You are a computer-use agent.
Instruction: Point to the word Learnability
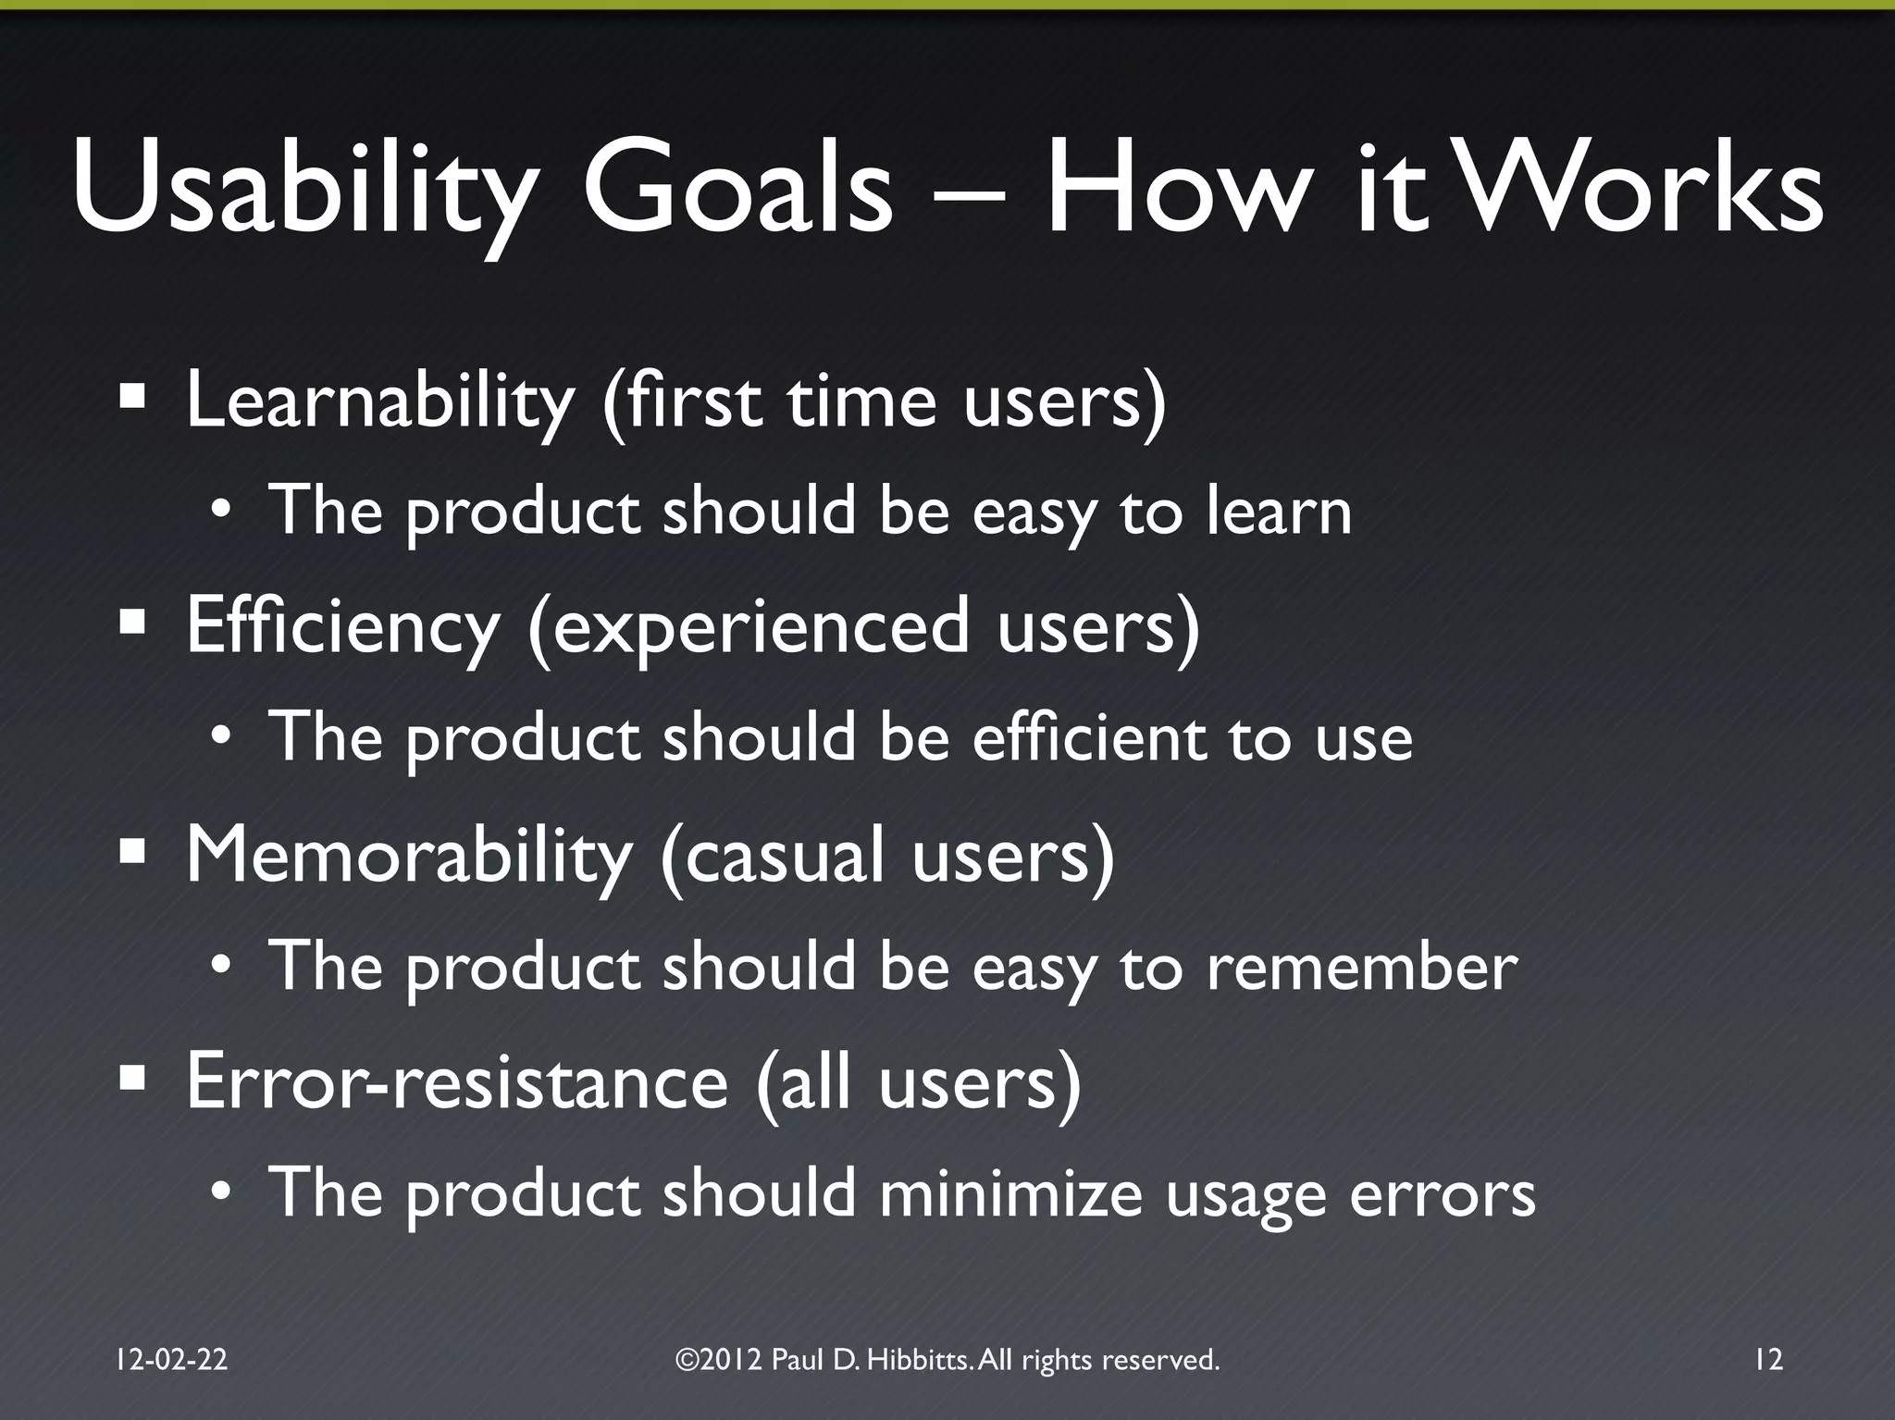(380, 402)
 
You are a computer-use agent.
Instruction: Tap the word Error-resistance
(457, 1082)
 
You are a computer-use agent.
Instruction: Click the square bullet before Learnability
(133, 398)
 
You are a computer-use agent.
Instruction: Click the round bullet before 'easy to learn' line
(220, 512)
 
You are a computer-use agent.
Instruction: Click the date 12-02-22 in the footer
(172, 1359)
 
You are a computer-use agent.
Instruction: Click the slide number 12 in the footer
(1767, 1359)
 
